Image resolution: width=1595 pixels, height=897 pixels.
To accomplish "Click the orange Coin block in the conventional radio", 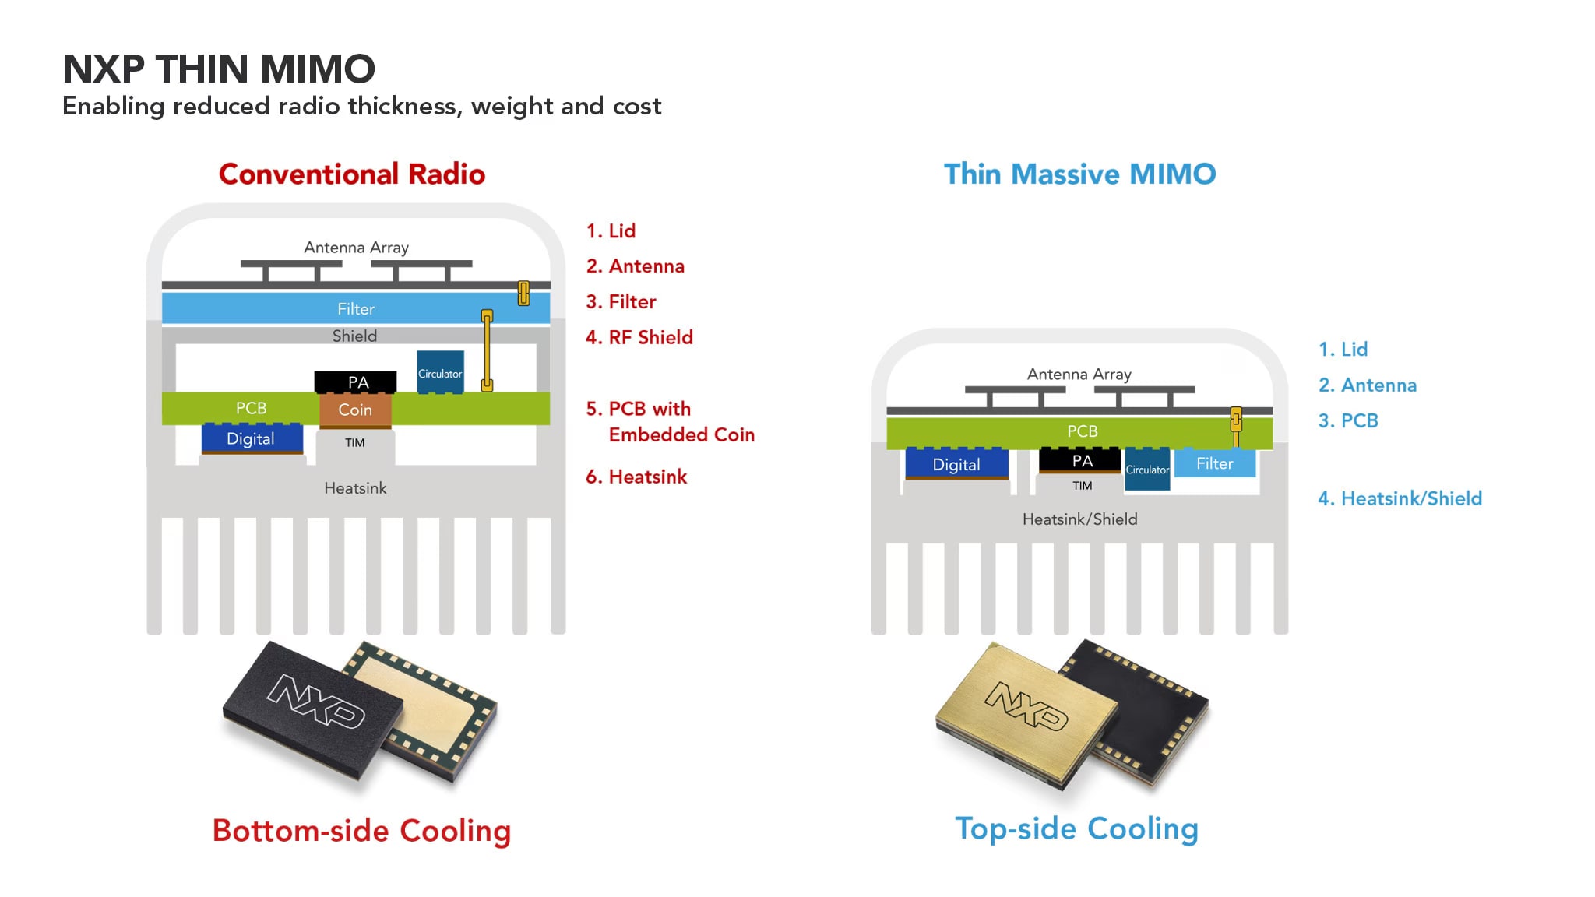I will pos(355,410).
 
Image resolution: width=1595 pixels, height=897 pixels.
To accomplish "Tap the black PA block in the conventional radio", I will pos(356,382).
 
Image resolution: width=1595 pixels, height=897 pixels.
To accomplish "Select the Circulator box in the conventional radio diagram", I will pos(440,372).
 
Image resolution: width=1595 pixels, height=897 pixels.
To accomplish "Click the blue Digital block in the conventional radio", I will pos(251,438).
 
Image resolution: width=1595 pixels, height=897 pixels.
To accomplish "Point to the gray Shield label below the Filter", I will pos(355,336).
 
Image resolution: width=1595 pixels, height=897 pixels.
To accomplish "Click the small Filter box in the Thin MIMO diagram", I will pos(1214,463).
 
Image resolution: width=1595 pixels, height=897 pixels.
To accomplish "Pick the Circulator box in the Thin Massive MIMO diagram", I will pos(1147,470).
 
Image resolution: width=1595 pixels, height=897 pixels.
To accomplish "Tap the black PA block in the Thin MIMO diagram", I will pos(1082,460).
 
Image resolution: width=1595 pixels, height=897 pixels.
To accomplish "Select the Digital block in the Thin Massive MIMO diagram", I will pos(956,464).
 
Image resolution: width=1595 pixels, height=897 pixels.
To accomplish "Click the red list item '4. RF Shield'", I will pos(639,337).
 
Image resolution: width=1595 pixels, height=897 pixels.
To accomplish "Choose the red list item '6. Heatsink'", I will pos(636,477).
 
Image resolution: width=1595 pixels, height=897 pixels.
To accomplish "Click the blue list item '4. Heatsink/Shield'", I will pos(1400,498).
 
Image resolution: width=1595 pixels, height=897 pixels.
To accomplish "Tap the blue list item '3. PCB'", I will pos(1348,420).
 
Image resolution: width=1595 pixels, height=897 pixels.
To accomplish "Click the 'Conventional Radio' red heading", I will pos(352,174).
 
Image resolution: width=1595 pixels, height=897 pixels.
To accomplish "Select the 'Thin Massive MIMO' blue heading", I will pos(1079,174).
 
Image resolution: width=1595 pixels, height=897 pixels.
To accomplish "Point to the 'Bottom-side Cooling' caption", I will pos(361,830).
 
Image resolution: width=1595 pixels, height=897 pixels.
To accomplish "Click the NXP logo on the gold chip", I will pos(1026,705).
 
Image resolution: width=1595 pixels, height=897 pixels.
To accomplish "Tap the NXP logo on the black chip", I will pos(315,700).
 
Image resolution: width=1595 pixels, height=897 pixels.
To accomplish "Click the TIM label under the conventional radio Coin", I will pos(355,443).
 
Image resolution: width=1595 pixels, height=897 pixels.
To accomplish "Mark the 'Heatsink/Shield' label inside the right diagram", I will pos(1079,519).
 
